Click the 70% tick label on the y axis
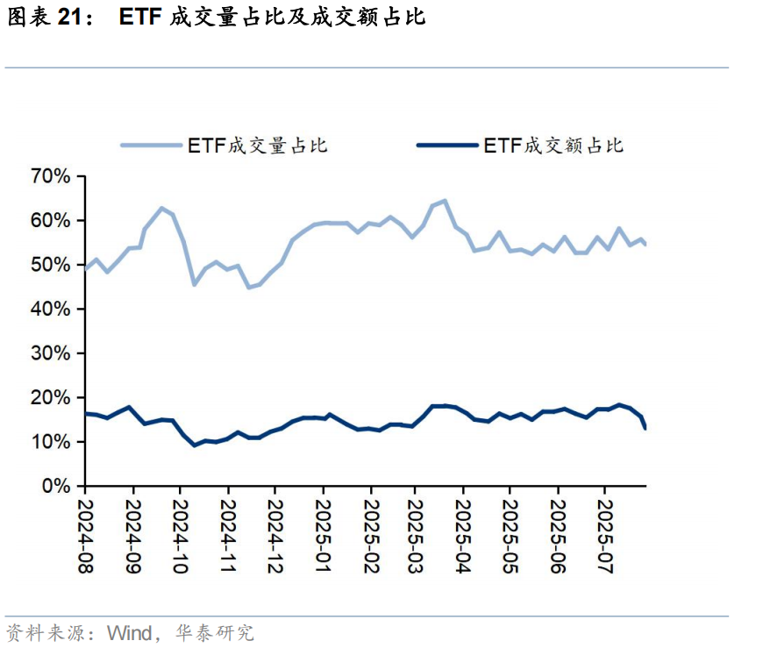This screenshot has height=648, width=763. coord(51,177)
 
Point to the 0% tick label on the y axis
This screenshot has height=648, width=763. coord(56,486)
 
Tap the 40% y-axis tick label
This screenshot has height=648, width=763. coord(51,310)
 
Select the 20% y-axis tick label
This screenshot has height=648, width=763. coord(51,398)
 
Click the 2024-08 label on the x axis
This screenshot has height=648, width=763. coord(86,538)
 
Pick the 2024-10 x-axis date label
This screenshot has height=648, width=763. coord(180,538)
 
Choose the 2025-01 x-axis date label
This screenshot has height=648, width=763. coord(322,538)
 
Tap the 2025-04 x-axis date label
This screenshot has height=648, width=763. coord(463,538)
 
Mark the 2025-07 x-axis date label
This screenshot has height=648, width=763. coord(604,538)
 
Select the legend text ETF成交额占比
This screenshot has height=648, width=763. coord(553,146)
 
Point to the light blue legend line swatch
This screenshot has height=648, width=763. coord(151,146)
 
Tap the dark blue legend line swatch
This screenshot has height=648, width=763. coord(447,146)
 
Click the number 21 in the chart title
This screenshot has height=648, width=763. coord(76,18)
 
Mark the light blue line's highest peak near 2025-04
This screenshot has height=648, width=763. coord(445,201)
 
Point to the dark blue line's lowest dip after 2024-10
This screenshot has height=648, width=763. coord(195,445)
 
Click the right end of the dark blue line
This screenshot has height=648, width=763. coord(646,428)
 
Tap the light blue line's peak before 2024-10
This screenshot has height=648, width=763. coord(161,208)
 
